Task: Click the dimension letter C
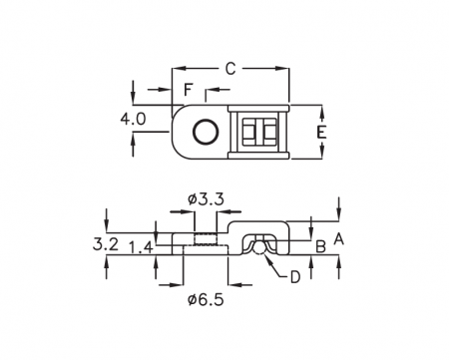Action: [230, 69]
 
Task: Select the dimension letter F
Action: [189, 90]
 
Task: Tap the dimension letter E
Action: [321, 133]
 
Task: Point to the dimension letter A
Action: [338, 239]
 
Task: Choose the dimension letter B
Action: [320, 246]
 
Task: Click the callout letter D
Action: [295, 277]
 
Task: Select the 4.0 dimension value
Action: [133, 119]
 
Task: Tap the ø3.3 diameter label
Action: [206, 199]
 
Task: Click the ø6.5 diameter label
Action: [206, 300]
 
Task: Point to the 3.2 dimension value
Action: [106, 244]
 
